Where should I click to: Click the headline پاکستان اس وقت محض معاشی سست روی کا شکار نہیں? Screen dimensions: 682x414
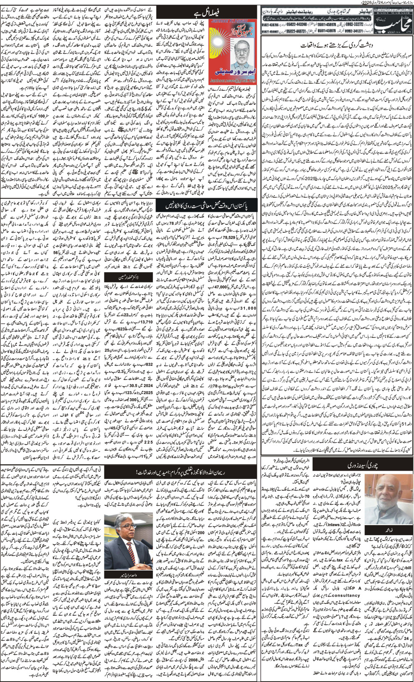click(x=208, y=206)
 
